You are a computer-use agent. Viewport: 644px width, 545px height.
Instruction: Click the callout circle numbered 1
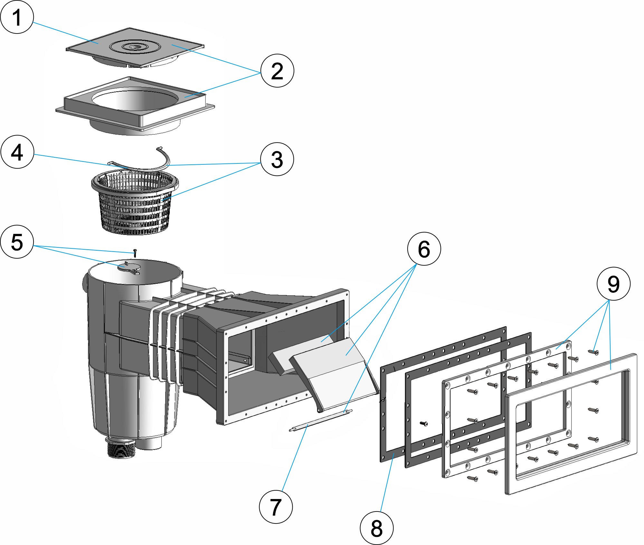17,17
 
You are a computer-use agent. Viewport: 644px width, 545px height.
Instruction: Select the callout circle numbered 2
277,70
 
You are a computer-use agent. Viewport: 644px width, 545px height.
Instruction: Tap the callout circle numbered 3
277,159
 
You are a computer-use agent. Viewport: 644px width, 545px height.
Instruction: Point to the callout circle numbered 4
17,152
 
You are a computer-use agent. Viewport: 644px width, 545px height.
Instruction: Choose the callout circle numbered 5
17,242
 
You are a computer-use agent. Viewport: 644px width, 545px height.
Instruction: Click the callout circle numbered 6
424,249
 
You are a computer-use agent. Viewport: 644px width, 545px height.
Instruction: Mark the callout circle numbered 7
276,507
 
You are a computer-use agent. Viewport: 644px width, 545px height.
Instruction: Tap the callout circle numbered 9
613,284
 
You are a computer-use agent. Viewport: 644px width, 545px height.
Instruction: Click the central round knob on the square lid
134,46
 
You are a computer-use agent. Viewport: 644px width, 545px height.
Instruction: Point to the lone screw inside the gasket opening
424,423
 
